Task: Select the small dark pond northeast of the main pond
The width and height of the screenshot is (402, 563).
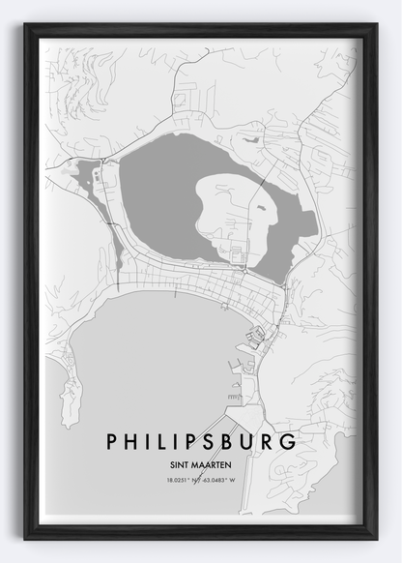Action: (x=252, y=139)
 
